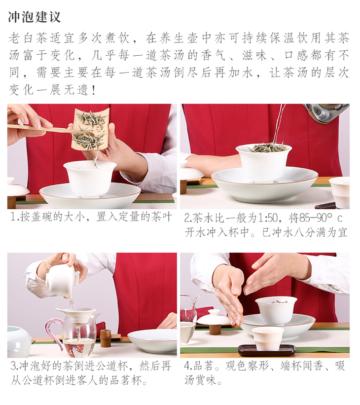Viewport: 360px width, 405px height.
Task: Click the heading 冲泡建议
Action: click(35, 17)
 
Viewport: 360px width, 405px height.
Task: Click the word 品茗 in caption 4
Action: click(203, 366)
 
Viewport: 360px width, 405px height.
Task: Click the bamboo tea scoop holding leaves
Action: click(90, 129)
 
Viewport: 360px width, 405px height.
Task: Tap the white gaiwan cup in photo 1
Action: click(90, 178)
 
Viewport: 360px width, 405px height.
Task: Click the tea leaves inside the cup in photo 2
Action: click(268, 147)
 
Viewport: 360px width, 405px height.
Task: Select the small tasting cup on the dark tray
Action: click(268, 338)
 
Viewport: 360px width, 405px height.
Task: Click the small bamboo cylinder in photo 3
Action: click(106, 338)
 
